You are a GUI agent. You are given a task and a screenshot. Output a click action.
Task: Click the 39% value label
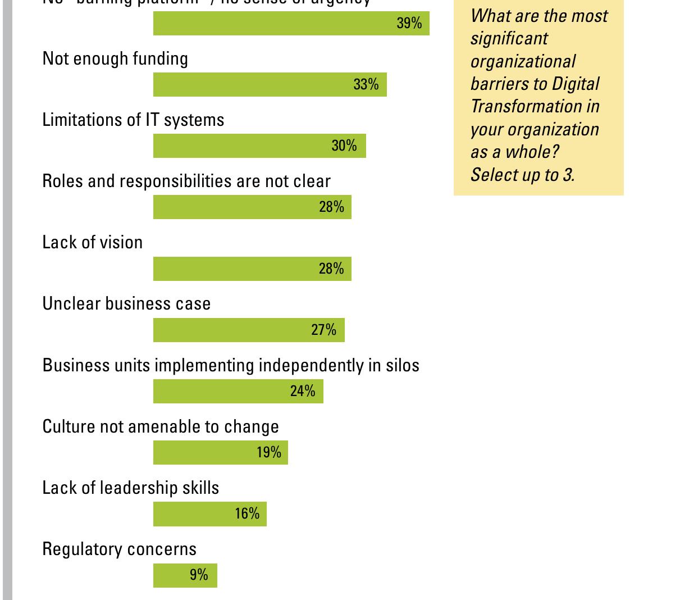click(409, 23)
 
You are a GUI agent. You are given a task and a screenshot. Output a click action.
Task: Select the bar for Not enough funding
click(270, 85)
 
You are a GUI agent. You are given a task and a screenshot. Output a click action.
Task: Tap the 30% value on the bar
click(344, 146)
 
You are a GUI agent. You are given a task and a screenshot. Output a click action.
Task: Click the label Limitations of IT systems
click(133, 120)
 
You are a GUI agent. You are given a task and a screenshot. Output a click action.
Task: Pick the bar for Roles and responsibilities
click(252, 207)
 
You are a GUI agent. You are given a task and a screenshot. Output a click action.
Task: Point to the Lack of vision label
click(93, 242)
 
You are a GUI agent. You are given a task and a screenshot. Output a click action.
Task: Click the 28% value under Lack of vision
click(331, 269)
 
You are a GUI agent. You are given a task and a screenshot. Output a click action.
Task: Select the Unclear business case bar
click(249, 330)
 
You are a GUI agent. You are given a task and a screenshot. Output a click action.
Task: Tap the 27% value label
click(323, 330)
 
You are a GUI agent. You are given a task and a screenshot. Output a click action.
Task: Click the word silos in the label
click(402, 365)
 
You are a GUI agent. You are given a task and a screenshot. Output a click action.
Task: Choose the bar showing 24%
click(238, 391)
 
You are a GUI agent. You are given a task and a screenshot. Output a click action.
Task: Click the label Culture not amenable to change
click(161, 426)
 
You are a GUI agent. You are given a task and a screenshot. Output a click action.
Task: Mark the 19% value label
click(268, 452)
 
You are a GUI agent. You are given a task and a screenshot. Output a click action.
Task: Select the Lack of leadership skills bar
click(209, 514)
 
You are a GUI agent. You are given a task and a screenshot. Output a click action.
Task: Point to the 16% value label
click(247, 513)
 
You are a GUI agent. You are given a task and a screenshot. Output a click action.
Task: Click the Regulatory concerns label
click(120, 549)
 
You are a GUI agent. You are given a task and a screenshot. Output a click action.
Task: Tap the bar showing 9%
click(185, 575)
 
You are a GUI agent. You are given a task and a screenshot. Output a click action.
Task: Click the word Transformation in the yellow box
click(518, 106)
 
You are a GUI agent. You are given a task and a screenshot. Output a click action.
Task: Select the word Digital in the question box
click(576, 84)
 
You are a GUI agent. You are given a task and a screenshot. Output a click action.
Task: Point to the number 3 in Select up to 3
click(568, 175)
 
